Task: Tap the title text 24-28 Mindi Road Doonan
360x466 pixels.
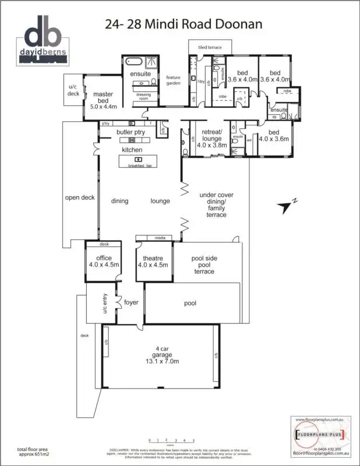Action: coord(183,24)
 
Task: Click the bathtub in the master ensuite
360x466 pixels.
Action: coord(130,62)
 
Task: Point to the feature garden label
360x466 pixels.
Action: coord(174,80)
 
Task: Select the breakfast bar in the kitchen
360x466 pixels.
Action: coord(138,162)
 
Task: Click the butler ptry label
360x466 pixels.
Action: coord(130,132)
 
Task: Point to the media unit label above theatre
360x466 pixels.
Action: coord(160,238)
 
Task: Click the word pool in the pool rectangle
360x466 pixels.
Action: coord(190,303)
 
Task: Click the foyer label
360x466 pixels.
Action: coord(130,302)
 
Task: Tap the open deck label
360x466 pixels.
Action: coord(79,197)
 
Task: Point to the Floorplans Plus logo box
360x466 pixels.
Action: coord(319,434)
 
